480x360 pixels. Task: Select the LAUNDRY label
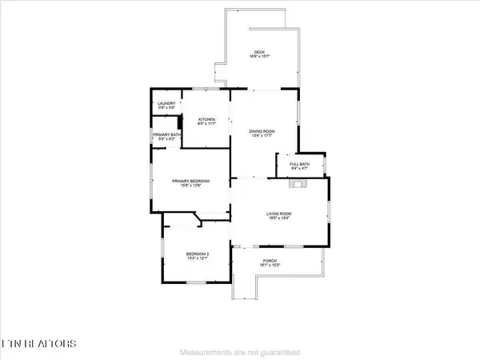(x=166, y=103)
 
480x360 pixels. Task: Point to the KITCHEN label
(x=207, y=119)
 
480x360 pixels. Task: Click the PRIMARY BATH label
(x=166, y=134)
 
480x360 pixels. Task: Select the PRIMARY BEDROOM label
(x=191, y=182)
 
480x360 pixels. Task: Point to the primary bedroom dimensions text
(x=191, y=186)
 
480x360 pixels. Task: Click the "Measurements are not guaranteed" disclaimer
(x=240, y=352)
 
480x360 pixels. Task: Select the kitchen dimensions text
(x=207, y=124)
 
